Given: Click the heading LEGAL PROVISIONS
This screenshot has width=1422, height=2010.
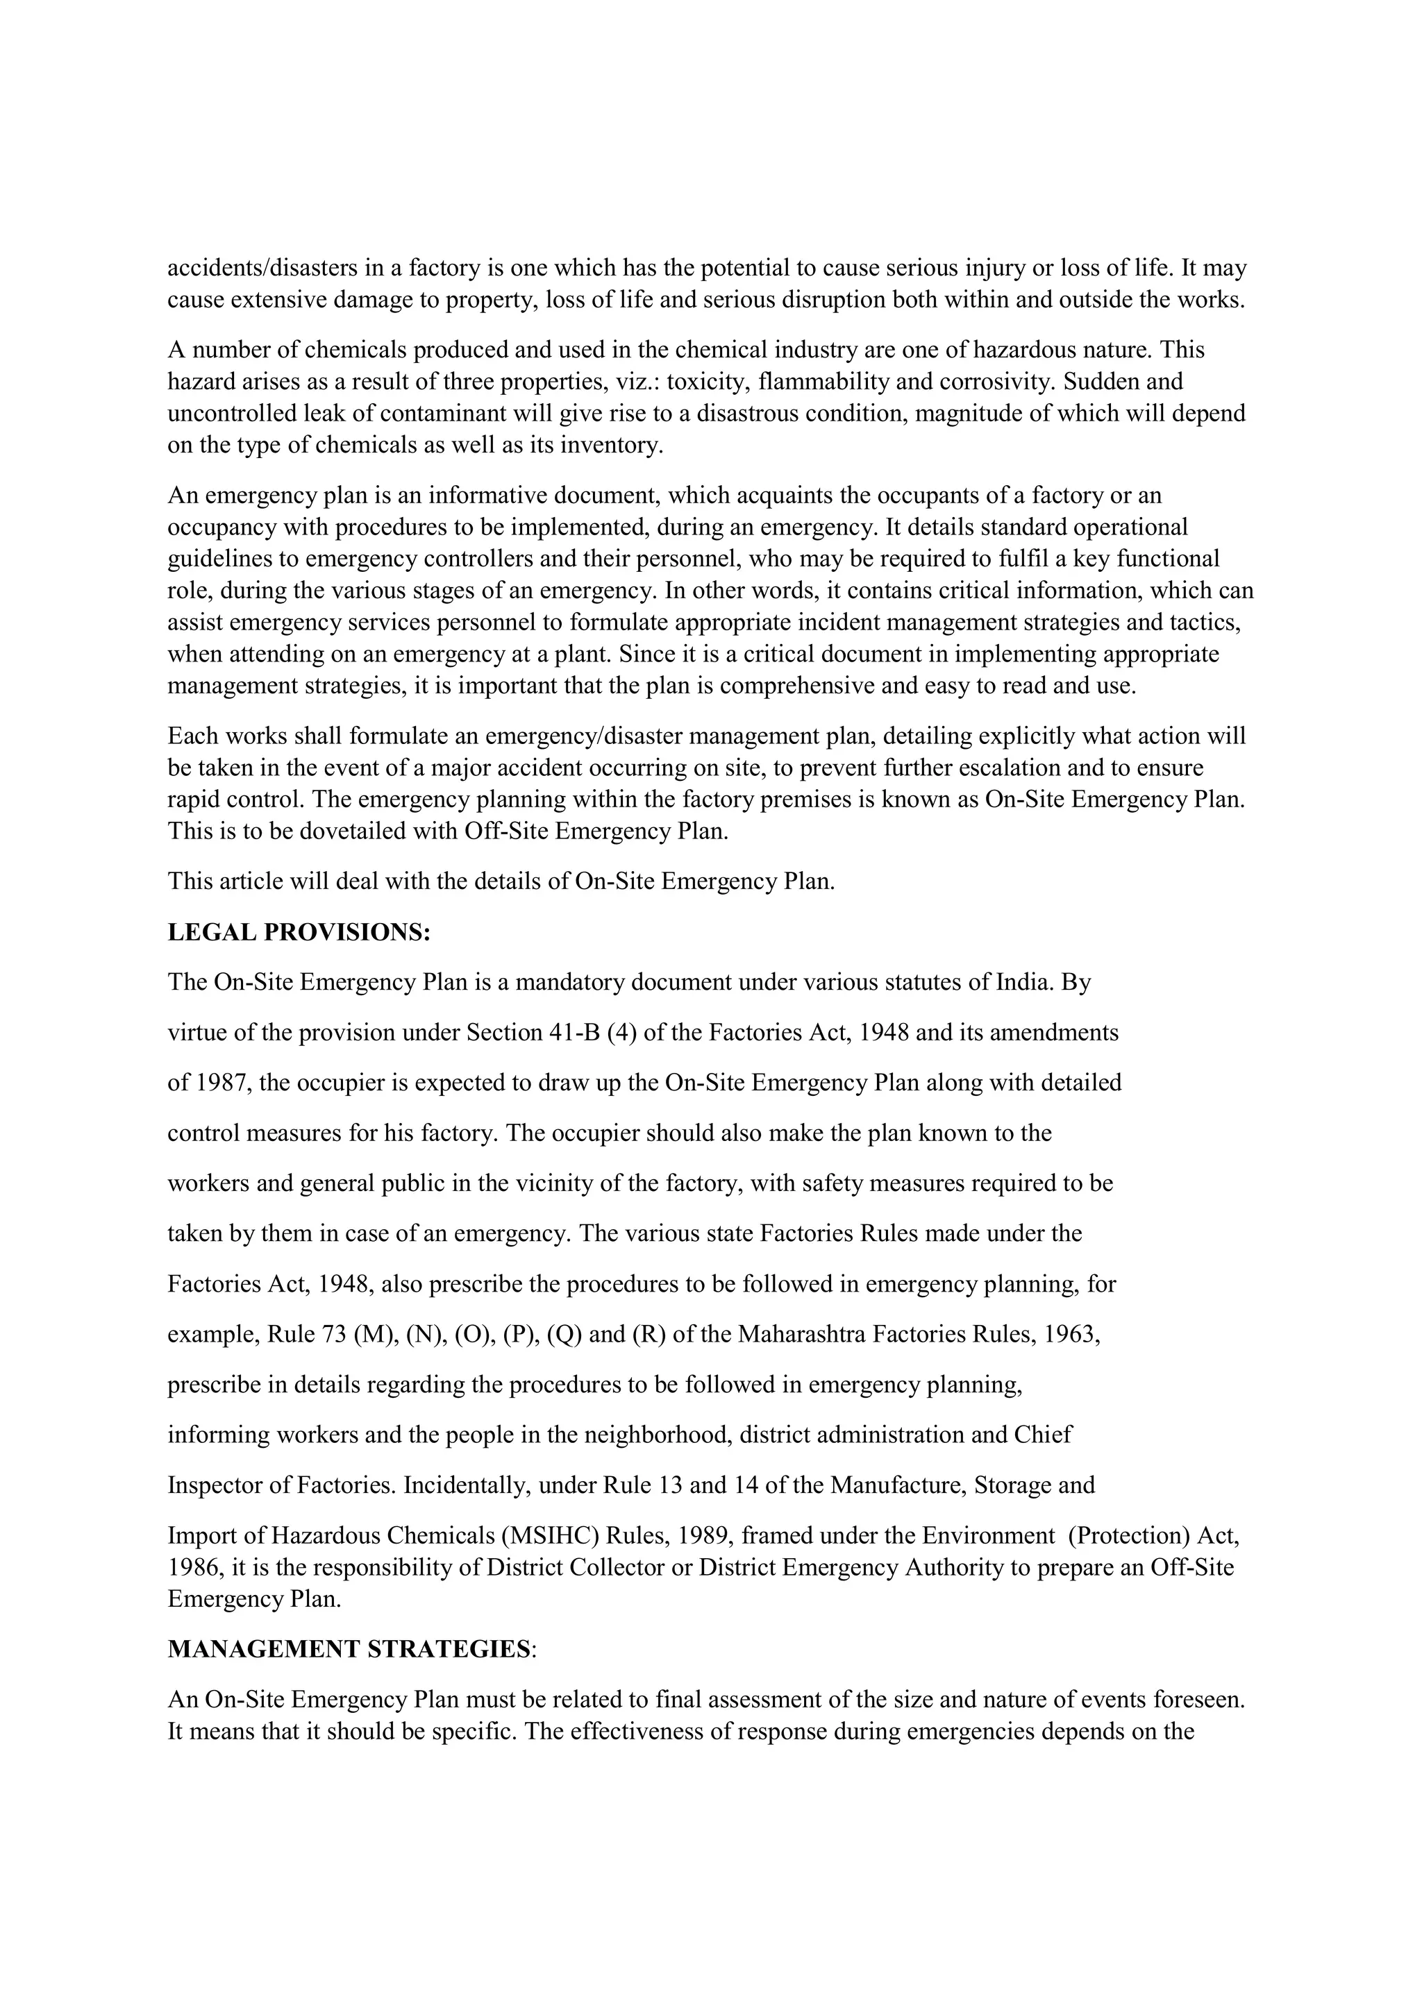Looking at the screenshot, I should [299, 932].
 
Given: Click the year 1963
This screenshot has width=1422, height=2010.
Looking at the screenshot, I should [1072, 1335].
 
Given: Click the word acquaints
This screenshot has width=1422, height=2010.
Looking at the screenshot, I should [784, 496].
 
